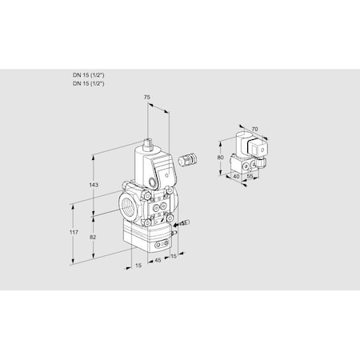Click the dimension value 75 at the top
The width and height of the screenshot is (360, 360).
(146, 98)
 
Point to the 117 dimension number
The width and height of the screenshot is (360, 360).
(74, 232)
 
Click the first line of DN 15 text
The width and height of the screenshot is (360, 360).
(88, 74)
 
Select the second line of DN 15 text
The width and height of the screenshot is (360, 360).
(88, 82)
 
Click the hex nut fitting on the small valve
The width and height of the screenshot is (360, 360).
(262, 163)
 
